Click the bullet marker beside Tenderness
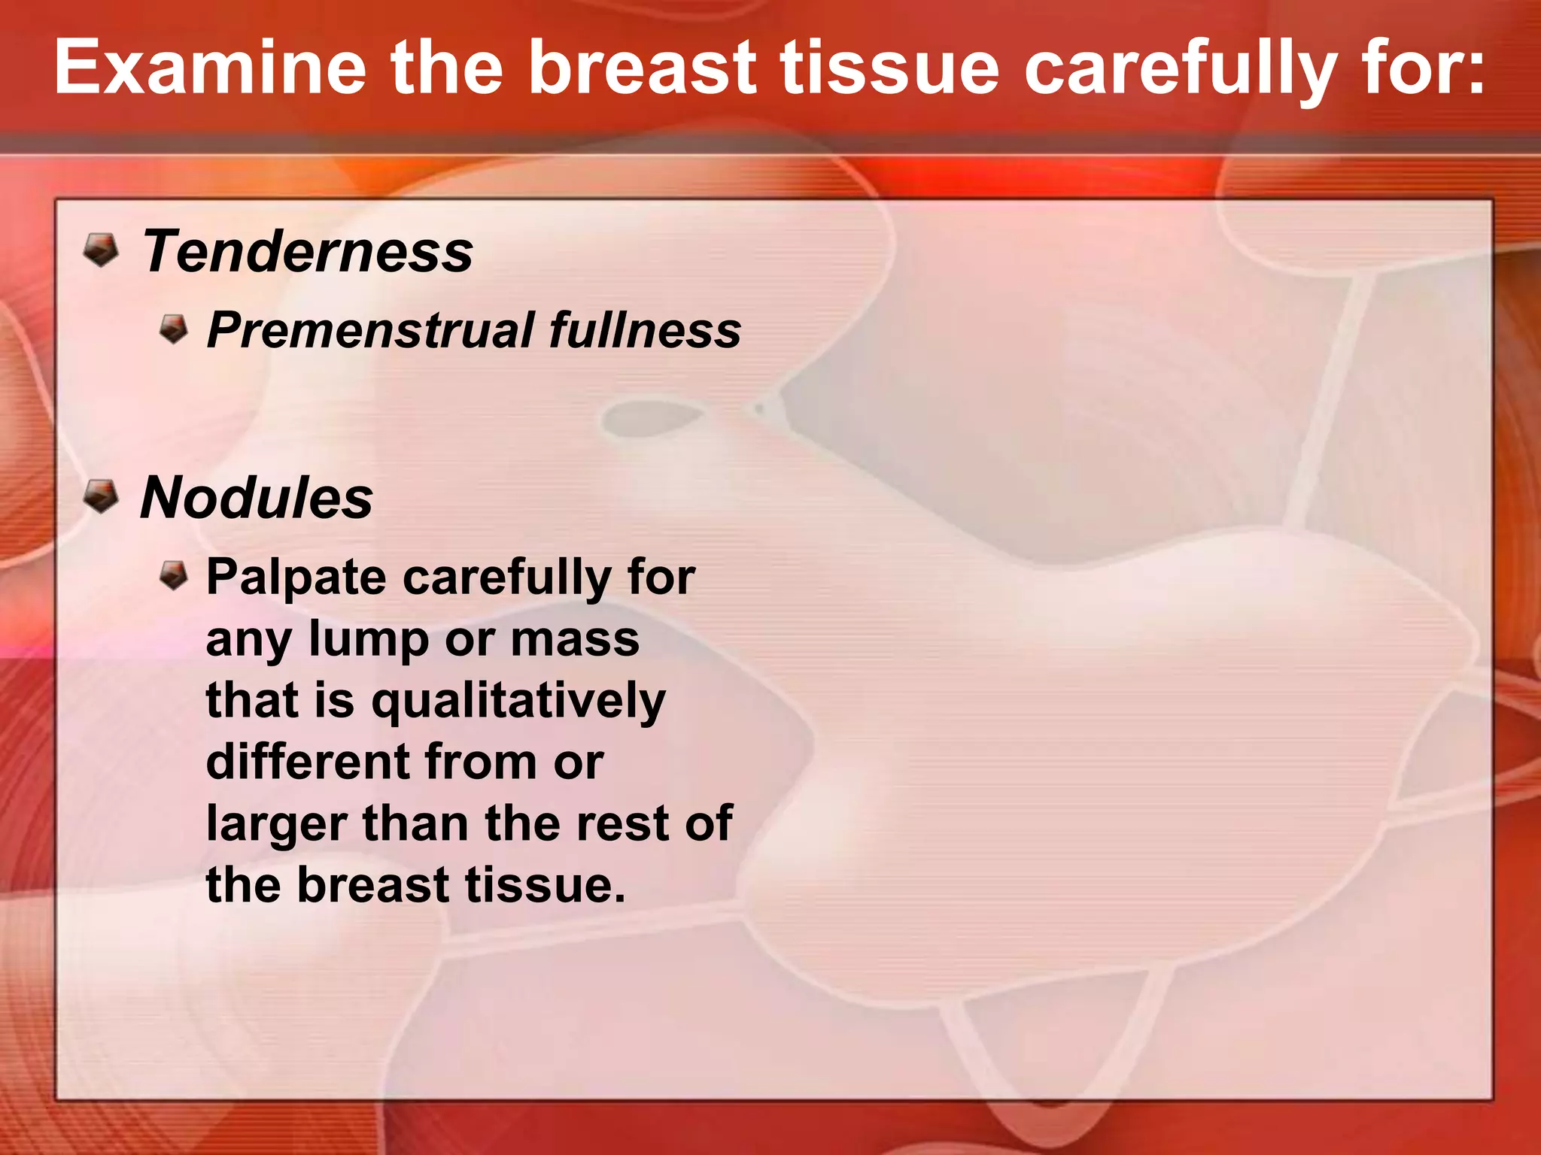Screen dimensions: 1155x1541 pyautogui.click(x=100, y=250)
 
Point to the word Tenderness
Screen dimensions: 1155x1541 pyautogui.click(x=308, y=252)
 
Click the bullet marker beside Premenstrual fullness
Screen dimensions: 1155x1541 pyautogui.click(x=174, y=329)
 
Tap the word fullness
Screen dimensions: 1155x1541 pyautogui.click(x=645, y=330)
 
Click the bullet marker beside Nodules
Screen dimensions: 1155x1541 pyautogui.click(x=100, y=496)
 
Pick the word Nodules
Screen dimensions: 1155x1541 pyautogui.click(x=257, y=498)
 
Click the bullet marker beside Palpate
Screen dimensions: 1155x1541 pyautogui.click(x=174, y=576)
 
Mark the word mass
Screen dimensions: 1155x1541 pyautogui.click(x=575, y=641)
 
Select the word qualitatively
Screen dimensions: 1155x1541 pyautogui.click(x=518, y=702)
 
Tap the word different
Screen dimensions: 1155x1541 pyautogui.click(x=306, y=762)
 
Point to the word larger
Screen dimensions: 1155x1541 pyautogui.click(x=276, y=825)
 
